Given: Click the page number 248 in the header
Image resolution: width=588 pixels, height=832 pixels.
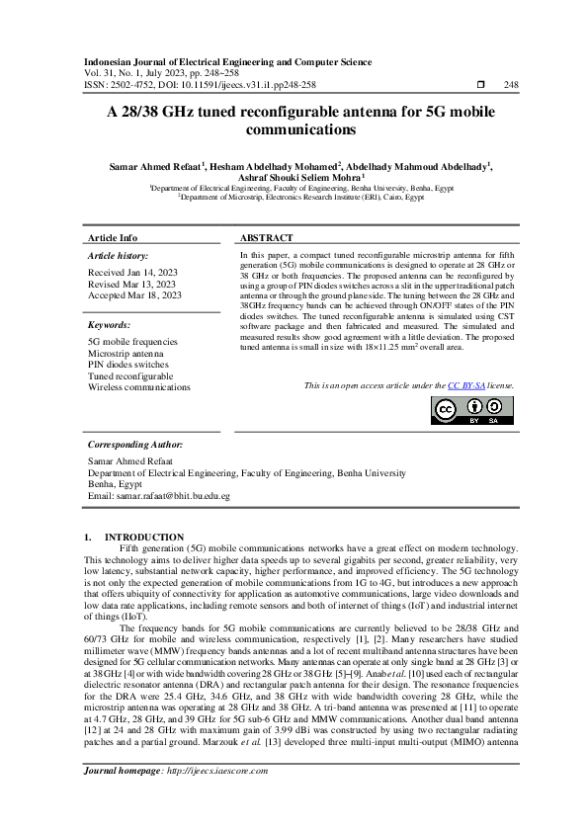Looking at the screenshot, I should [x=511, y=85].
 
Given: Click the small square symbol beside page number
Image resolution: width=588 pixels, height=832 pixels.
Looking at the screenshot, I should [x=480, y=85].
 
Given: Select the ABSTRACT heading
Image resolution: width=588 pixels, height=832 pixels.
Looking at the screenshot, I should [x=266, y=238].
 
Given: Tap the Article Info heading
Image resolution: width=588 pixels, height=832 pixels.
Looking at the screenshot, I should [x=113, y=238].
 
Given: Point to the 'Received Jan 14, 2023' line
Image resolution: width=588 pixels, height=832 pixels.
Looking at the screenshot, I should [x=133, y=272].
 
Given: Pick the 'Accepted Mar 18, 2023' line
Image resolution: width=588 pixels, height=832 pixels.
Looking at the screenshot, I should [x=134, y=294].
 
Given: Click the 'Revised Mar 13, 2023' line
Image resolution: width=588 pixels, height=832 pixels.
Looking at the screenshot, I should [x=131, y=284].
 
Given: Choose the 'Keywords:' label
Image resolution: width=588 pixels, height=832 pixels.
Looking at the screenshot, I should [x=110, y=324].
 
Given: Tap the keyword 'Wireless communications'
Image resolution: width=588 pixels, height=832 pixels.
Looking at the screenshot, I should [x=138, y=387].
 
